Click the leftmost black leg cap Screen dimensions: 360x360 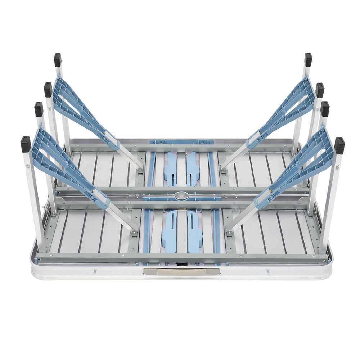[26, 144]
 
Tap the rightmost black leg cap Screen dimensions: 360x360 [339, 145]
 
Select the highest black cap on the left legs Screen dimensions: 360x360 [58, 60]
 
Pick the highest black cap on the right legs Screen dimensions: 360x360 [308, 59]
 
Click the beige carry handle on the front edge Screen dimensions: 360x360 [181, 272]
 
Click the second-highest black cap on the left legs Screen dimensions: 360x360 [48, 90]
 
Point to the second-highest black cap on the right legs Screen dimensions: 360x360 [320, 90]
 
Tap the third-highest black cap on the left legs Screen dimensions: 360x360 [39, 109]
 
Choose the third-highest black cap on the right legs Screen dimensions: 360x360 [325, 109]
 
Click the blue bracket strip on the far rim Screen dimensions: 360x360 [181, 142]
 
